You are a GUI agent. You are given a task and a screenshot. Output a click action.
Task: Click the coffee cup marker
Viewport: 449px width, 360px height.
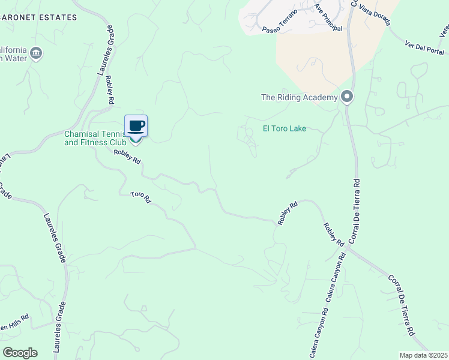point(136,126)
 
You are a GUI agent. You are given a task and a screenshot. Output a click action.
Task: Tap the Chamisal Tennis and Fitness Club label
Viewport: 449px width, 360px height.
point(95,139)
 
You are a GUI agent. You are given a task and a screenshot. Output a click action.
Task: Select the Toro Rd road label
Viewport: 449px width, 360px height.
point(140,197)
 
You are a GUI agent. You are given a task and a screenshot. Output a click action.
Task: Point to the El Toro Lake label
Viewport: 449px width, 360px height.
point(285,128)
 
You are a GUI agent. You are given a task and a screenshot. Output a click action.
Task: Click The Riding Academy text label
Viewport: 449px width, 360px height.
point(299,97)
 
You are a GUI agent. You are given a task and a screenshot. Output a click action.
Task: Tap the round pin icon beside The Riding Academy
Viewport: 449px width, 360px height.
point(346,97)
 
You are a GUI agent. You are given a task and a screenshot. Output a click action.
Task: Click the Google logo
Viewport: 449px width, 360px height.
point(20,352)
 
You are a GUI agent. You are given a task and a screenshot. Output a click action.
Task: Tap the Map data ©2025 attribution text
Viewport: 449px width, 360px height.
point(423,355)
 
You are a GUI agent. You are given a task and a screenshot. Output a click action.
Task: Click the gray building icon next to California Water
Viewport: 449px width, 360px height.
point(36,53)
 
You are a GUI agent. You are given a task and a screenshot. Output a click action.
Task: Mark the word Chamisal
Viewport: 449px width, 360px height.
point(80,134)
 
